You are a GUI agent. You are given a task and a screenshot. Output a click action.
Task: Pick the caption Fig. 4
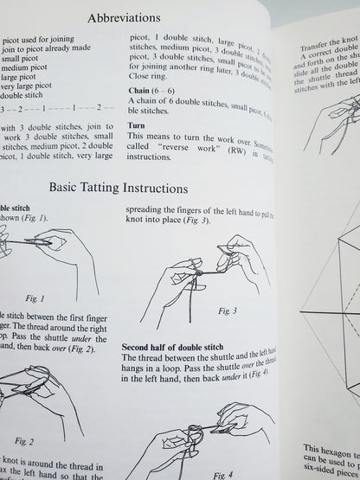pos(223,473)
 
